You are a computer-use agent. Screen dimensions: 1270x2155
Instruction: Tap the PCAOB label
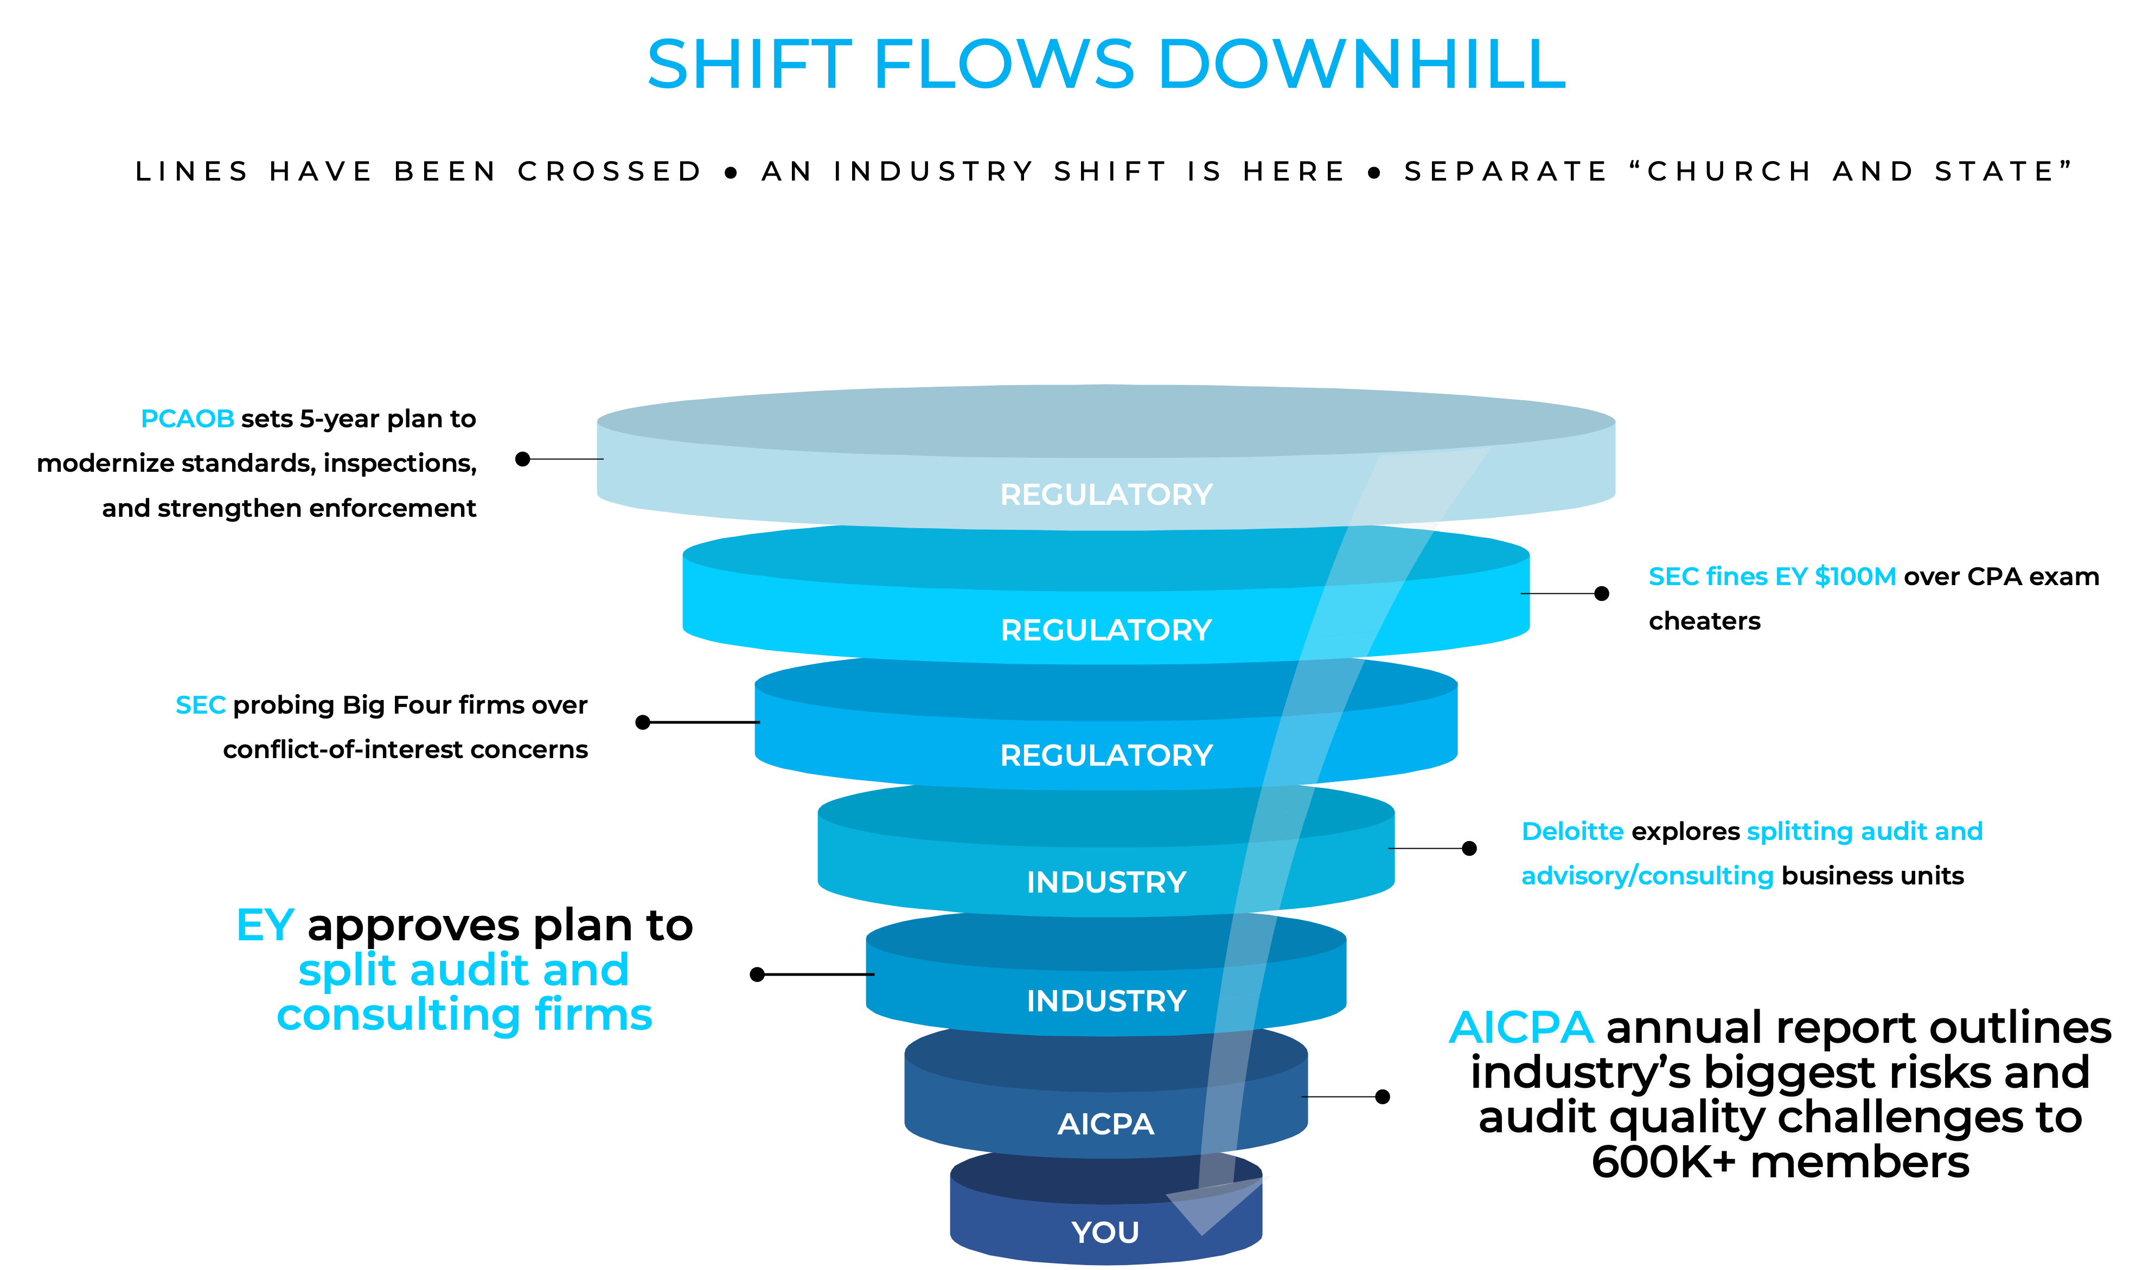(188, 419)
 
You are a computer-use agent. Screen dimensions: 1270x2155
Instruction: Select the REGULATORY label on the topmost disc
(1106, 495)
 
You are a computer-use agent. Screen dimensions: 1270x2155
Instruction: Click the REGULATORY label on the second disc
(1106, 631)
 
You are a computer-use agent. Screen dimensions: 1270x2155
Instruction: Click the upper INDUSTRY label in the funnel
(1106, 882)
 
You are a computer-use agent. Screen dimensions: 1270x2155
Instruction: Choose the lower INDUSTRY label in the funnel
(1106, 1001)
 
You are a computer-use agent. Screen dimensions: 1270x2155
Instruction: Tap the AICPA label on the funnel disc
(1106, 1124)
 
